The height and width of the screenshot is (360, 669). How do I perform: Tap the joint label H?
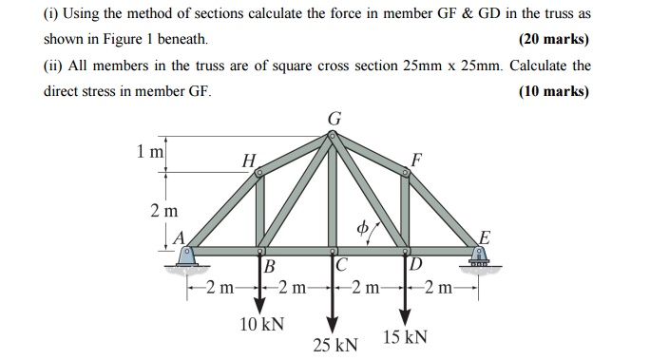(x=249, y=161)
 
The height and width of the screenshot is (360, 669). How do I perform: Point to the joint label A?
(x=178, y=239)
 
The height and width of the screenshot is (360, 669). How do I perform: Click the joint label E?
(x=485, y=237)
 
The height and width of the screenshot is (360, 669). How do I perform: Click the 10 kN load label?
(x=262, y=325)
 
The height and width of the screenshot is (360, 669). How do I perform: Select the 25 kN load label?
(x=335, y=343)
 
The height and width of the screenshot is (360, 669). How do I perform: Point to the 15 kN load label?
(x=405, y=337)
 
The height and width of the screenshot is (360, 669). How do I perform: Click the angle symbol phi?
(x=361, y=227)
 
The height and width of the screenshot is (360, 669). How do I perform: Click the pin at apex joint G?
(x=332, y=136)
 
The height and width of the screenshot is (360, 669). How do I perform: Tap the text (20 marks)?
(x=554, y=40)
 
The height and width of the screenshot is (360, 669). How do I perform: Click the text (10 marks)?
(x=554, y=91)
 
